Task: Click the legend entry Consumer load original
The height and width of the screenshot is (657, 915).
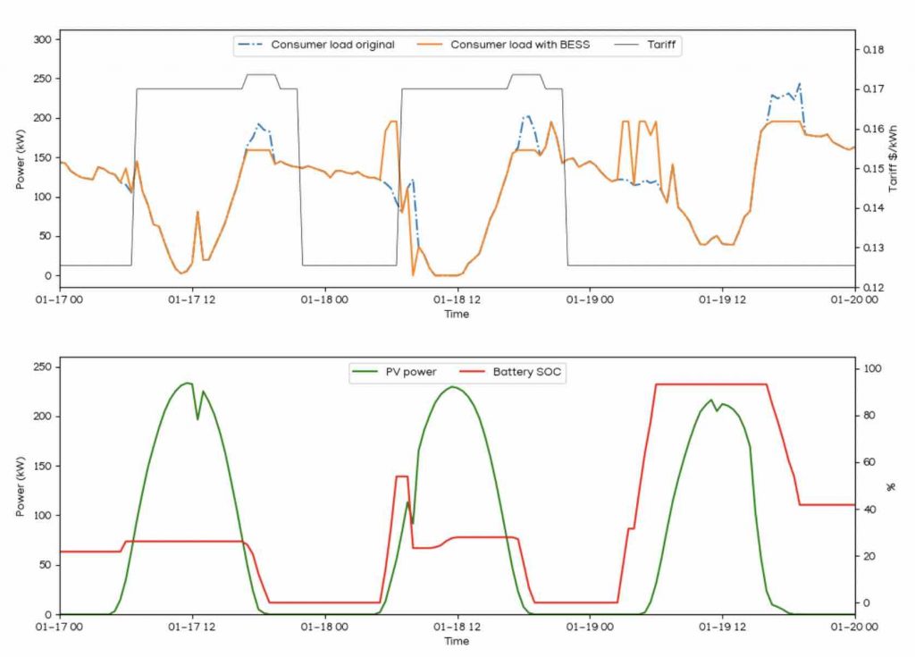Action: (332, 44)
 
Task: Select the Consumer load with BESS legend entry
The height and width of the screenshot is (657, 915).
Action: (520, 44)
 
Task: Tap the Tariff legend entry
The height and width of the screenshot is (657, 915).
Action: (661, 44)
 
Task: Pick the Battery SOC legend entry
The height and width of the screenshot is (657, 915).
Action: (527, 372)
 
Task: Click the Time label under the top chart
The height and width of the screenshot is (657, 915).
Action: (457, 314)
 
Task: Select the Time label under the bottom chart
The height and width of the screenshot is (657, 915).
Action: (457, 641)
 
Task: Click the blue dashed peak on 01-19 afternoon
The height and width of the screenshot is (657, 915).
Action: (799, 84)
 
